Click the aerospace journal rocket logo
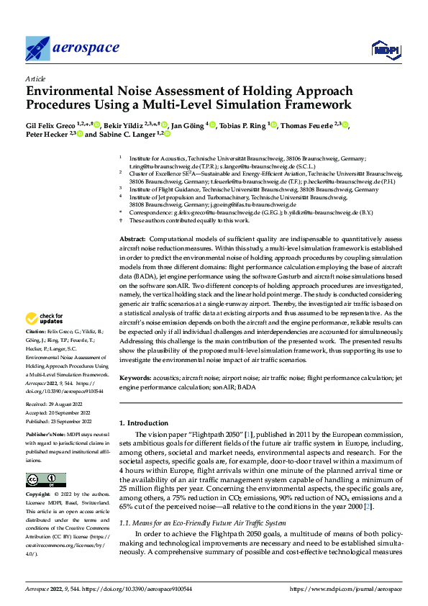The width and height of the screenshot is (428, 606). pyautogui.click(x=38, y=48)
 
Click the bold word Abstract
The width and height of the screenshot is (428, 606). pyautogui.click(x=132, y=218)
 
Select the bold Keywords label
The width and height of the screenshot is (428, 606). pyautogui.click(x=135, y=378)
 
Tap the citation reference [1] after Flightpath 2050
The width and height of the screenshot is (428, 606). pyautogui.click(x=248, y=436)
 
